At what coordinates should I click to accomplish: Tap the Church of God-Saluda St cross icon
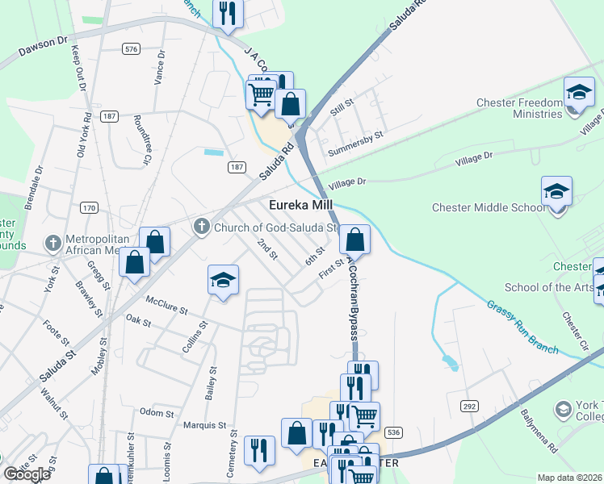click(x=203, y=227)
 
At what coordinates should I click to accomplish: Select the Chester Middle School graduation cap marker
click(x=556, y=193)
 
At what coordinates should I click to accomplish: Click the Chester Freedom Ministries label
click(x=518, y=108)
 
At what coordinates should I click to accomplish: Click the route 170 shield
click(x=89, y=208)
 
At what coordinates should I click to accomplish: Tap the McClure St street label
click(x=166, y=305)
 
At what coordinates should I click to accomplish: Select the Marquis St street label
click(x=204, y=424)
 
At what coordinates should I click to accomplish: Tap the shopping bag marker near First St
click(x=354, y=240)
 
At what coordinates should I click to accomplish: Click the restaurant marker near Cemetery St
click(x=259, y=450)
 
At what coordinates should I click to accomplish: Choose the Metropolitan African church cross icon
click(x=53, y=242)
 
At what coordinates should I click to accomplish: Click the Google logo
click(x=27, y=474)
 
